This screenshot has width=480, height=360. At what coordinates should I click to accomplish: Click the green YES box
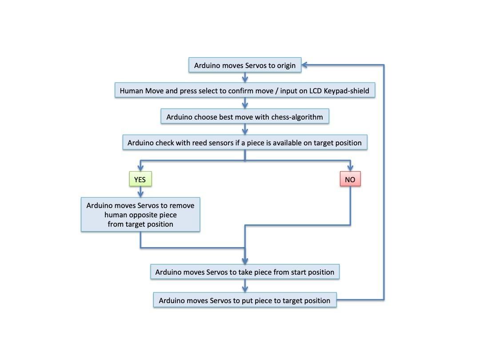pos(140,179)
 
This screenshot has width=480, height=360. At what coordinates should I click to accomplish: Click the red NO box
pos(350,179)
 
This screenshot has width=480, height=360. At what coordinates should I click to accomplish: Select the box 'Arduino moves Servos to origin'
pos(245,65)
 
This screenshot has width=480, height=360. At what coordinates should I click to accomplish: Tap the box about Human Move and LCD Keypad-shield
pos(245,90)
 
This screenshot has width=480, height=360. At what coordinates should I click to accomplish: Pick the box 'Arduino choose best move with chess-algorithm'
pos(245,116)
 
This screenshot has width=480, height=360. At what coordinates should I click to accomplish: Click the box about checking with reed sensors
pos(245,142)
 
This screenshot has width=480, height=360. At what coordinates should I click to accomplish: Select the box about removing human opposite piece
pos(140,215)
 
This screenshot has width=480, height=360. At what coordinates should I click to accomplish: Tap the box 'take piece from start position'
pos(245,272)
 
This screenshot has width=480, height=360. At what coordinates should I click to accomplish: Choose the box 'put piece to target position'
pos(245,300)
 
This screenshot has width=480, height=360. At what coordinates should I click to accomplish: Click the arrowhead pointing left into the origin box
pos(304,65)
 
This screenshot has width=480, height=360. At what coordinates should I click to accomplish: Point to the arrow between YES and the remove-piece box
pos(140,192)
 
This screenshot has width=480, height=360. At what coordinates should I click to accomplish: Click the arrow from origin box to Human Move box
pos(245,78)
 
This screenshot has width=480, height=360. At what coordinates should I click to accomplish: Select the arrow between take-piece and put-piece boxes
pos(245,286)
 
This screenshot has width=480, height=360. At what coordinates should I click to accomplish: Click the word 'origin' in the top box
pos(286,66)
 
